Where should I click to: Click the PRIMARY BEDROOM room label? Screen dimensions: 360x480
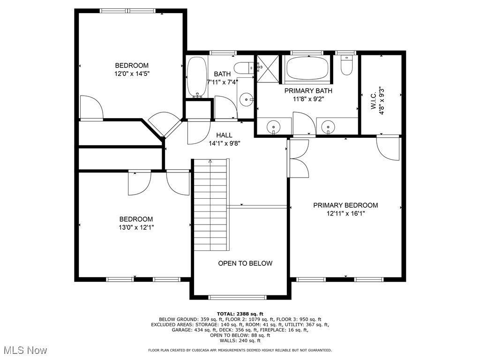pos(345,205)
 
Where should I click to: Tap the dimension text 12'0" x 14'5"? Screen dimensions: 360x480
pos(132,74)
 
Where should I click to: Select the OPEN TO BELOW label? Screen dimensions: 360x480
pos(245,263)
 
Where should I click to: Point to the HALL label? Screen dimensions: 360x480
pos(225,135)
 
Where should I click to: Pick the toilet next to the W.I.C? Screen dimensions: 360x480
pos(346,66)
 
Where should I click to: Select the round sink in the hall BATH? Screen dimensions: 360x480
pos(245,99)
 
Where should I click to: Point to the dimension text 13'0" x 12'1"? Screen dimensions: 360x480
pos(135,227)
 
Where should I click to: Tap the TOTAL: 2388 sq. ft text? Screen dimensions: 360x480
pos(240,314)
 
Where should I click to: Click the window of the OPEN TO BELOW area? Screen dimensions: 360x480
pos(237,297)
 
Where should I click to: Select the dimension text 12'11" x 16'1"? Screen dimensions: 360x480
pos(345,213)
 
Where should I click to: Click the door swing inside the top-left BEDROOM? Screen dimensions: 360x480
pos(91,108)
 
